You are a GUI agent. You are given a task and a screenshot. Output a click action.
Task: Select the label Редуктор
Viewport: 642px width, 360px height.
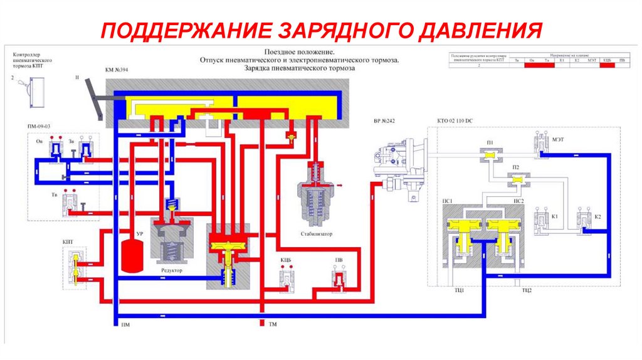[x=171, y=270]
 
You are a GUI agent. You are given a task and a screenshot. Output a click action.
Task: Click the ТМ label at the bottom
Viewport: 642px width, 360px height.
[x=273, y=324]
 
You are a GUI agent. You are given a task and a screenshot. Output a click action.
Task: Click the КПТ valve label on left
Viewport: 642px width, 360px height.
[x=67, y=241]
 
